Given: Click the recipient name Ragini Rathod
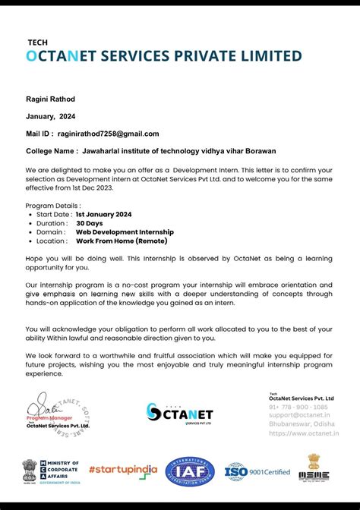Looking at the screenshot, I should [x=50, y=99].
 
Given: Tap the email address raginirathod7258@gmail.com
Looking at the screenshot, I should [x=111, y=134].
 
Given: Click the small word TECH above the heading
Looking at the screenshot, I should [x=37, y=42].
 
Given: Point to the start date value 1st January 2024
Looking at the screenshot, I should [x=103, y=214].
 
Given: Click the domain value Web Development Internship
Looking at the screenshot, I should [x=125, y=231].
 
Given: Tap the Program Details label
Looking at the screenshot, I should [x=52, y=206].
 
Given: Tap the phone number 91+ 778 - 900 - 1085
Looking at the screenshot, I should [x=298, y=407].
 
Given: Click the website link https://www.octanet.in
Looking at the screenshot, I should [x=303, y=433].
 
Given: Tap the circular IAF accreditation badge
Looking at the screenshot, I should [x=190, y=471].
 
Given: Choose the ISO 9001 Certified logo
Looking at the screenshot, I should [x=257, y=471].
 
